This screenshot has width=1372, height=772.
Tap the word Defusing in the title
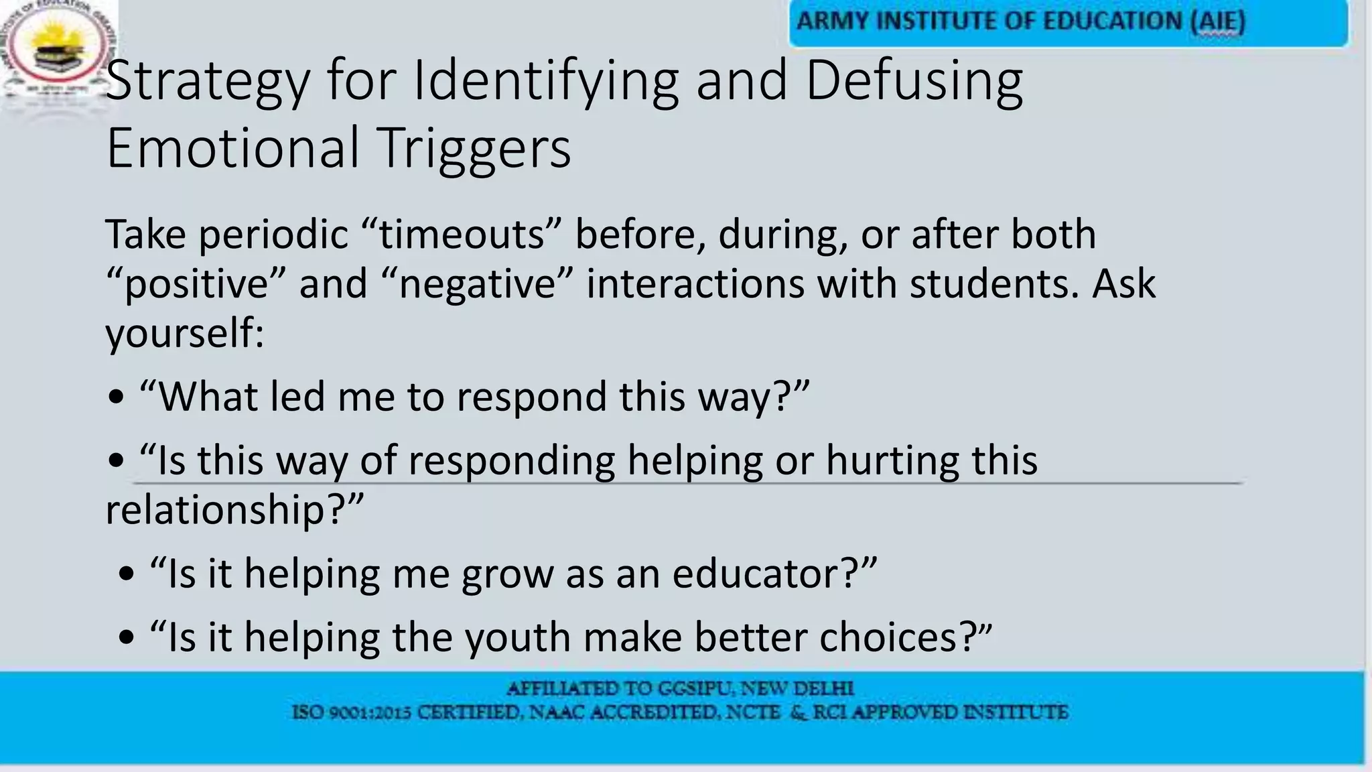tap(914, 82)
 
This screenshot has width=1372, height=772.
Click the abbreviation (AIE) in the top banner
tap(1217, 21)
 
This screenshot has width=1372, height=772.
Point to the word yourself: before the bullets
tap(185, 333)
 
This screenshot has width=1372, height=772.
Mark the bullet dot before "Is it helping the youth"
tap(127, 638)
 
